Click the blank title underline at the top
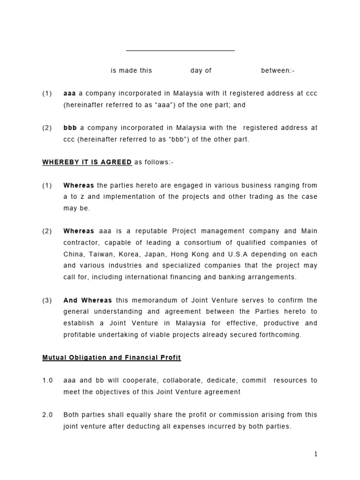[x=180, y=50]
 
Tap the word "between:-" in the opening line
[x=278, y=71]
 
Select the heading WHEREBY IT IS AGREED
[x=87, y=162]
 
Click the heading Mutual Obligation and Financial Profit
[x=112, y=358]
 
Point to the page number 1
[x=315, y=454]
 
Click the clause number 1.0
[x=47, y=381]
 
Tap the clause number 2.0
[x=47, y=415]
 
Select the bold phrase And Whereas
[x=88, y=300]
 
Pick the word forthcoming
[x=278, y=335]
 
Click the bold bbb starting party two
[x=70, y=127]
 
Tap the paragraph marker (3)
[x=47, y=300]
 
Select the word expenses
[x=208, y=427]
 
